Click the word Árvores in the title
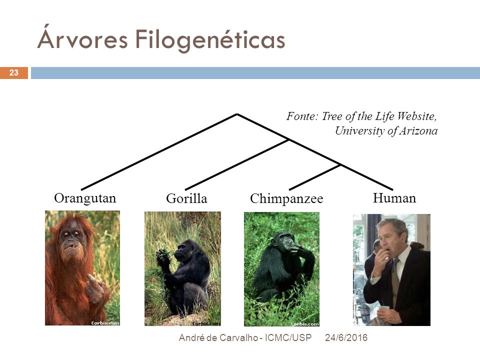[x=82, y=37]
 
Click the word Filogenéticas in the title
[x=210, y=39]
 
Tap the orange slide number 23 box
[x=14, y=73]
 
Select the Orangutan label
[x=85, y=198]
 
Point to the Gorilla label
[x=186, y=198]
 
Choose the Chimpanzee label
[x=286, y=198]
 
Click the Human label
[x=394, y=198]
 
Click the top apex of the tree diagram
[x=237, y=114]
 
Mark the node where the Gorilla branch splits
[x=288, y=140]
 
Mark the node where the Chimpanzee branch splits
[x=340, y=165]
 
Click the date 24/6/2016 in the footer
[x=346, y=337]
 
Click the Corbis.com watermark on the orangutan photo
[x=105, y=323]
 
